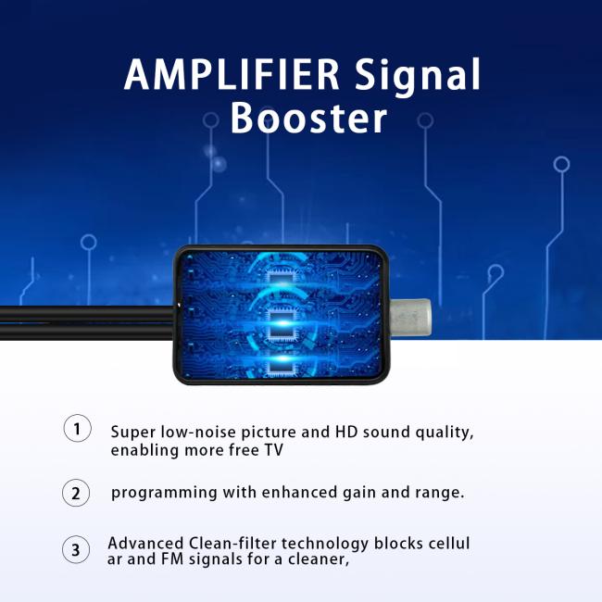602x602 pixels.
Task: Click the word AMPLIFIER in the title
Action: [232, 74]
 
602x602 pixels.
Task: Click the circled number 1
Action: [77, 428]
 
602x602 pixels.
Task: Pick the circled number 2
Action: [76, 493]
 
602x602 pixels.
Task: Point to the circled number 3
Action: [76, 549]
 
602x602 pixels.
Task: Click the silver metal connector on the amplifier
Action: [410, 317]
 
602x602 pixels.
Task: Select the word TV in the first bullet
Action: [274, 450]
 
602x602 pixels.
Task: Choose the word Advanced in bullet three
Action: [145, 544]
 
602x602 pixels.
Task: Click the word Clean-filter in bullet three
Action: [232, 544]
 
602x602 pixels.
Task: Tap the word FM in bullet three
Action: [172, 559]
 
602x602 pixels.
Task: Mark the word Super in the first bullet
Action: [132, 433]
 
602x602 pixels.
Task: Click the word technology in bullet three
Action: [325, 545]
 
